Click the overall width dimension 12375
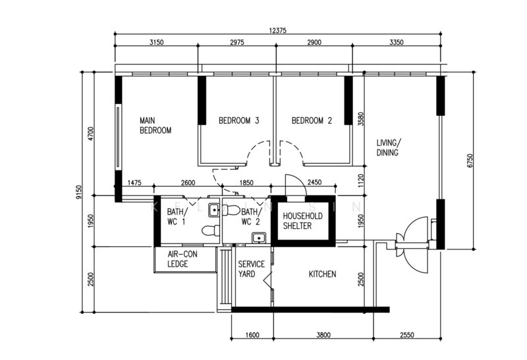point(277,30)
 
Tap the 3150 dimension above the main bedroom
point(156,42)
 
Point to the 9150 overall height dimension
point(79,192)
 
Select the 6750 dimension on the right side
point(470,161)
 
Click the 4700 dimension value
point(91,134)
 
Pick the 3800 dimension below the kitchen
point(323,335)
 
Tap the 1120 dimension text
point(361,181)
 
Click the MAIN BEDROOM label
point(155,125)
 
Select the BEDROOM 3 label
point(238,120)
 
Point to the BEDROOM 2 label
point(312,120)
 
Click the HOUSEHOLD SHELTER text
point(302,221)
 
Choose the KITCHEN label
point(322,274)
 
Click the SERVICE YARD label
point(252,269)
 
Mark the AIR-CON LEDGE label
point(182,259)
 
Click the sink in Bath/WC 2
point(259,238)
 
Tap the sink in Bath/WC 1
point(214,210)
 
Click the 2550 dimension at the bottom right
point(407,335)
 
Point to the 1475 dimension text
point(134,183)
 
